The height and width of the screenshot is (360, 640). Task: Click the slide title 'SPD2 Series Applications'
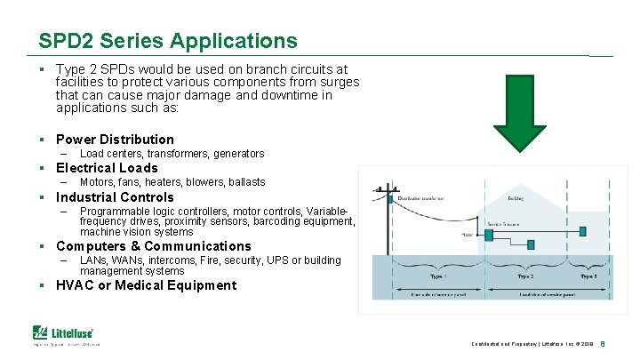[x=168, y=41]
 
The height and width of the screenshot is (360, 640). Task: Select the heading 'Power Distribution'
[x=115, y=139]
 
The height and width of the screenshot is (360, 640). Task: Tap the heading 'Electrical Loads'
[x=107, y=168]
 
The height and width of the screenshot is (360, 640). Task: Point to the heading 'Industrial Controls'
[x=115, y=197]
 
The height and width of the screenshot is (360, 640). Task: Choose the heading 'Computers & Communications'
[x=153, y=246]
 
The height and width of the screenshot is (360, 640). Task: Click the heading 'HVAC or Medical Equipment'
[x=146, y=285]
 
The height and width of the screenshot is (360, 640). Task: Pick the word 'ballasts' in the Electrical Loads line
[x=245, y=182]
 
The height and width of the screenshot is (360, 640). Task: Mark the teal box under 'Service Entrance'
[x=489, y=235]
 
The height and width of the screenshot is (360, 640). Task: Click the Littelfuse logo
[x=67, y=333]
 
